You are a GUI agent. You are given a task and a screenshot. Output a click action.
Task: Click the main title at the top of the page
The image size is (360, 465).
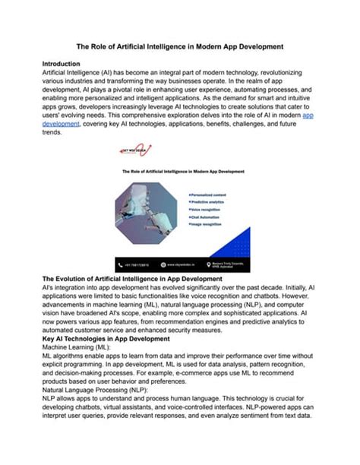coord(179,46)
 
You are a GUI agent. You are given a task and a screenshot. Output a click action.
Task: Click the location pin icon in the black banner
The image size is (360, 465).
coord(210,264)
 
